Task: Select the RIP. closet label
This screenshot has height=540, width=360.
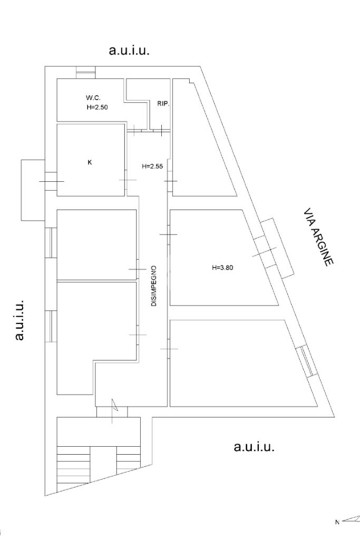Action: click(x=163, y=104)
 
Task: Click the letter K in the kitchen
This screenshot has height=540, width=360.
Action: click(x=89, y=162)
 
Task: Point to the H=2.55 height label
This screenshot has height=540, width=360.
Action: click(x=152, y=166)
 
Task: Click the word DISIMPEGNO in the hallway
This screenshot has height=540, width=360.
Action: click(x=154, y=286)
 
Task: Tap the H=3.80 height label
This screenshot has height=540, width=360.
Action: click(x=222, y=267)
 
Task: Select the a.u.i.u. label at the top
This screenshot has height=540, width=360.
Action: click(x=129, y=51)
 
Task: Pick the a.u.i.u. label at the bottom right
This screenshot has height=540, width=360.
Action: click(x=254, y=447)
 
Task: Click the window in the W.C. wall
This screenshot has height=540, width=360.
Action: click(x=85, y=72)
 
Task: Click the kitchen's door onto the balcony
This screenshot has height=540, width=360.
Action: click(x=51, y=181)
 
